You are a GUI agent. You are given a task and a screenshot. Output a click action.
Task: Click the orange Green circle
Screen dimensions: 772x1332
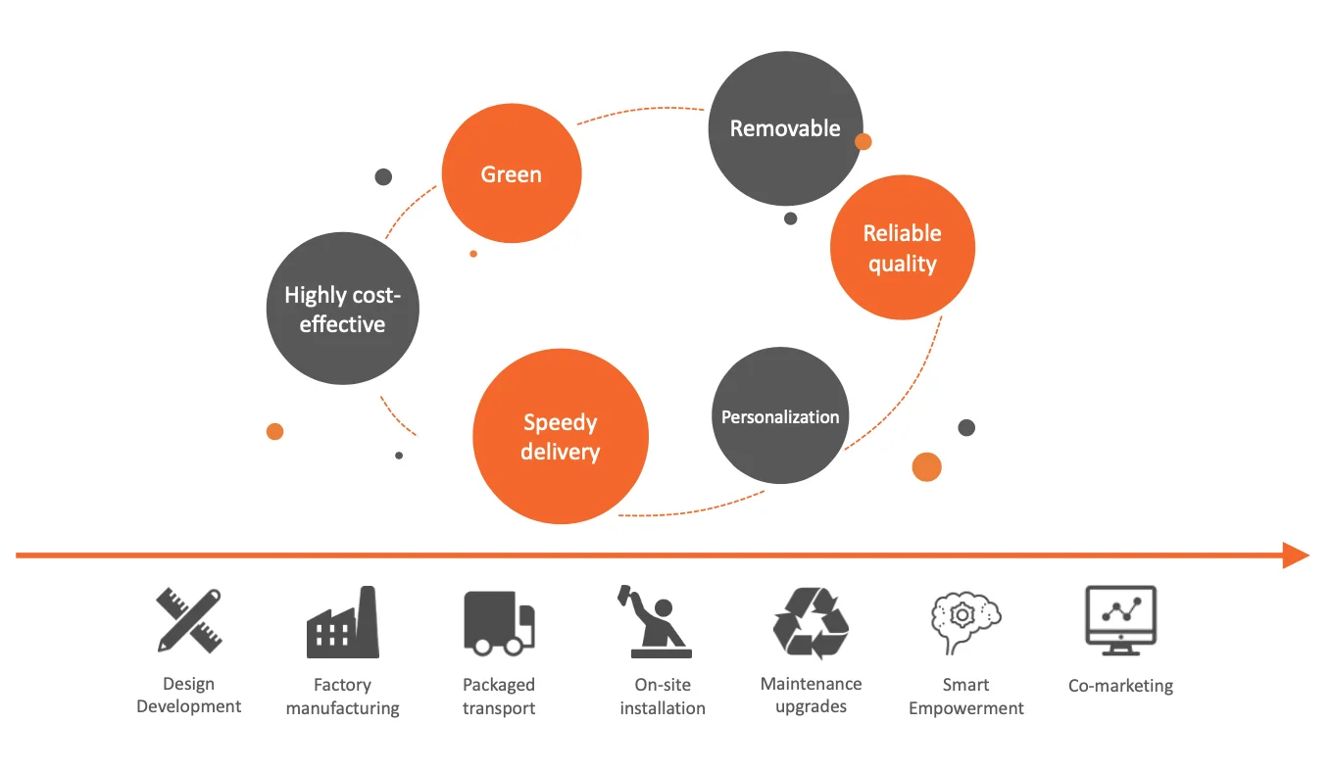[512, 174]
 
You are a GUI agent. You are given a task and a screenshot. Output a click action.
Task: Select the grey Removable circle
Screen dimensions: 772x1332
[785, 128]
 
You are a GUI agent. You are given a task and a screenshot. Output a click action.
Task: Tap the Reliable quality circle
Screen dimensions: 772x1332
[902, 248]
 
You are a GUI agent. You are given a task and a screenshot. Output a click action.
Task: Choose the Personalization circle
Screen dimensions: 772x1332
[780, 416]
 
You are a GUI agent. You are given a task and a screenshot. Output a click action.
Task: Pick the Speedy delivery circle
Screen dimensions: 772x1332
[561, 437]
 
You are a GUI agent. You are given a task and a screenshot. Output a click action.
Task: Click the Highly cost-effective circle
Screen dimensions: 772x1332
[342, 310]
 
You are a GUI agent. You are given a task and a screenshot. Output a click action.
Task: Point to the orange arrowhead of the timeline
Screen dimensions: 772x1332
[1296, 555]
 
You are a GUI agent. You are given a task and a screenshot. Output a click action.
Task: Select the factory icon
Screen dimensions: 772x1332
[342, 622]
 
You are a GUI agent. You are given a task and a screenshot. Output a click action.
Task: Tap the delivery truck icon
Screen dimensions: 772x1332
[499, 623]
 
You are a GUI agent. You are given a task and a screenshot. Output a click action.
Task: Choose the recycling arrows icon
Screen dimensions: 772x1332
[811, 623]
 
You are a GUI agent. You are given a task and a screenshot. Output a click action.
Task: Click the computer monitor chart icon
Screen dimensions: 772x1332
[1120, 620]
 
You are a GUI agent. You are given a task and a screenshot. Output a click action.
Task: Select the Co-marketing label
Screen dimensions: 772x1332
[1120, 686]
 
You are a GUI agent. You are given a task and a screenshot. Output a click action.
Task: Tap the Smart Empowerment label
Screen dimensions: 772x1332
[965, 697]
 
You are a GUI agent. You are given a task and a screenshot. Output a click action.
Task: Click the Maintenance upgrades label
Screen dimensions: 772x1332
[811, 696]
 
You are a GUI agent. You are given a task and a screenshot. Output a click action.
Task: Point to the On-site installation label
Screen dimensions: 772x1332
[663, 697]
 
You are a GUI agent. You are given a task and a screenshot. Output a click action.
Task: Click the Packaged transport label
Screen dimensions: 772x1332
[499, 697]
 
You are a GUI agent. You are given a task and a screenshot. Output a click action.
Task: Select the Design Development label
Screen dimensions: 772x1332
[189, 696]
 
